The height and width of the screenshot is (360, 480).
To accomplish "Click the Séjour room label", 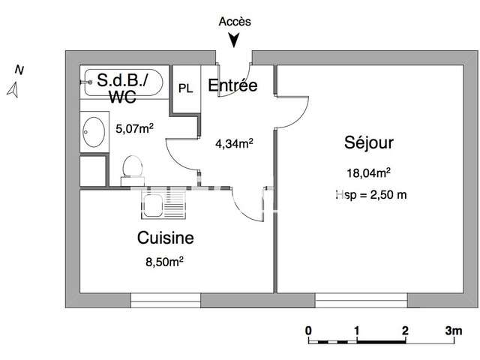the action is click(368, 143).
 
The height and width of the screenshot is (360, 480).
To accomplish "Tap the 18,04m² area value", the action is click(368, 173).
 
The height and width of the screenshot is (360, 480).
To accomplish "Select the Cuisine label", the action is click(165, 238).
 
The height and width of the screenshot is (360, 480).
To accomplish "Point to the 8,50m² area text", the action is click(164, 262).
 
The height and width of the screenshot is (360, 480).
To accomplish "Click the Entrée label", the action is click(232, 85).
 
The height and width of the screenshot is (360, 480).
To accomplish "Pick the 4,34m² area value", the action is click(234, 143).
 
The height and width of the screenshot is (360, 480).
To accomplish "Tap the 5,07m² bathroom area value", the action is click(134, 128).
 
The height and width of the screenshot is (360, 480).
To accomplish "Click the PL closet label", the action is click(185, 88).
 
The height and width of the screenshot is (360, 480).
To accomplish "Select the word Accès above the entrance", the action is click(235, 22).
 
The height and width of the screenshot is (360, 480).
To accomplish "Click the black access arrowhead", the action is click(234, 40).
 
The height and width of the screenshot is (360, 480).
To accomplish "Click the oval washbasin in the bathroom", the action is click(94, 132).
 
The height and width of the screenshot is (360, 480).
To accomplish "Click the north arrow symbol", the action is click(13, 90).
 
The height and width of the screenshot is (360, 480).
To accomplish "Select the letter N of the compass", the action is click(19, 70).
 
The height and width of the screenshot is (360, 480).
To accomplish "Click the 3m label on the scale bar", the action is click(454, 331).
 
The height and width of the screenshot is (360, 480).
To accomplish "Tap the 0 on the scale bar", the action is click(308, 331).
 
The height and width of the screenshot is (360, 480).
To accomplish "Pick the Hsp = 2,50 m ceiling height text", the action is click(371, 195).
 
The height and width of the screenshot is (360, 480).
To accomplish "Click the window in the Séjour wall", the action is click(361, 300).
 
